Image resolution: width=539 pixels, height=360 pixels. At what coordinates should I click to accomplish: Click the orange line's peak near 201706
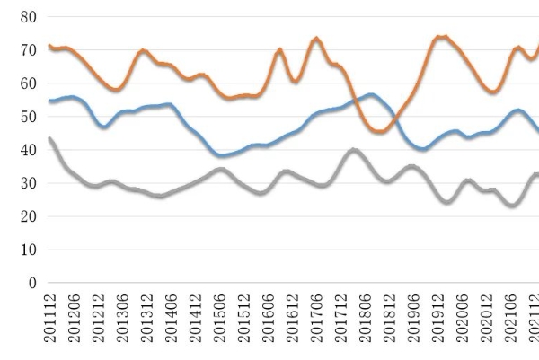pyautogui.click(x=316, y=39)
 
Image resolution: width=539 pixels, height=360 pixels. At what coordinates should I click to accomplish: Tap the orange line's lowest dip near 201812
pyautogui.click(x=379, y=132)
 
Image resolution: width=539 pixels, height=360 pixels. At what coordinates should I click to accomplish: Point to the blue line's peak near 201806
pyautogui.click(x=370, y=94)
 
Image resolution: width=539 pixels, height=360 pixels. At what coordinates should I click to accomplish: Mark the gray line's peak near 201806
pyautogui.click(x=355, y=150)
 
